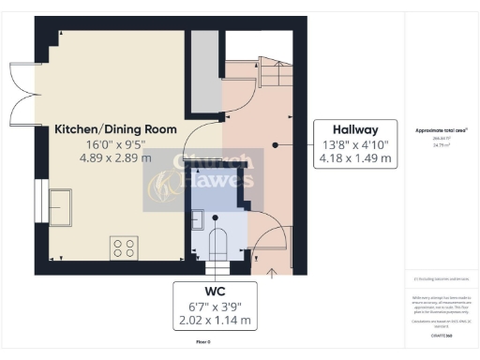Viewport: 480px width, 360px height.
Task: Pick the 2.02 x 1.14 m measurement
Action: [x=215, y=321]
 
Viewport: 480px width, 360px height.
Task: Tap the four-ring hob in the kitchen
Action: [x=124, y=247]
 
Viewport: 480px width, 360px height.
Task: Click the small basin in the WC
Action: [x=198, y=220]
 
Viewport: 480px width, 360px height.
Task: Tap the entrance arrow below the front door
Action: [x=271, y=273]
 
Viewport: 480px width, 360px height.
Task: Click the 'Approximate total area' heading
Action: [x=441, y=129]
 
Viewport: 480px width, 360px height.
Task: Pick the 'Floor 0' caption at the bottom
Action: [x=202, y=343]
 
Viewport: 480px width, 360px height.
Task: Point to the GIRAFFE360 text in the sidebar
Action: [x=441, y=334]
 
